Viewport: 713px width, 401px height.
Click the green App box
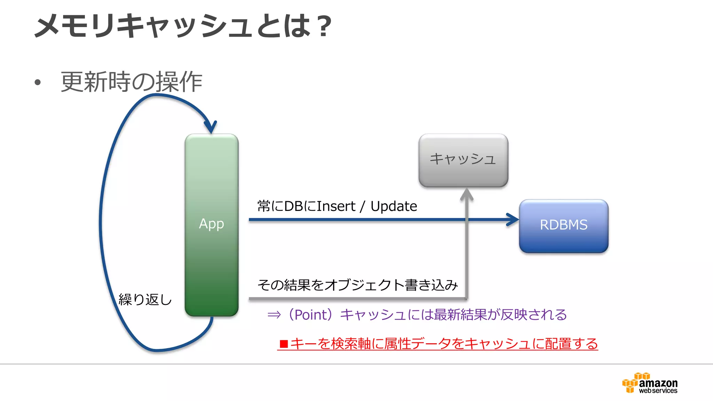[x=211, y=225]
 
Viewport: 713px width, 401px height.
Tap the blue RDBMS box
[x=563, y=226]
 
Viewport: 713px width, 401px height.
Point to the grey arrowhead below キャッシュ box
[x=467, y=194]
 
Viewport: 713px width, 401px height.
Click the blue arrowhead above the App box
[x=211, y=127]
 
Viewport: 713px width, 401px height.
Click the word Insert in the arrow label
[x=336, y=206]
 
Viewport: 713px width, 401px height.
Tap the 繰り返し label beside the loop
[x=145, y=299]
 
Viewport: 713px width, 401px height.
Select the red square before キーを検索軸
[x=284, y=344]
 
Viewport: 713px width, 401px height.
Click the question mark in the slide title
[x=324, y=26]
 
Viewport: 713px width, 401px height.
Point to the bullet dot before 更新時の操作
[x=38, y=82]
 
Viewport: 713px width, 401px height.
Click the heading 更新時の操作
[x=132, y=82]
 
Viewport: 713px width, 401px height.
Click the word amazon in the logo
[x=658, y=383]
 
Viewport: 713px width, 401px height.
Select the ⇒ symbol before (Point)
[x=274, y=315]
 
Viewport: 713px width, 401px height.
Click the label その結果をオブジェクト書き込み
[x=357, y=285]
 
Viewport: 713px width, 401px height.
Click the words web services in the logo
[x=658, y=391]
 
